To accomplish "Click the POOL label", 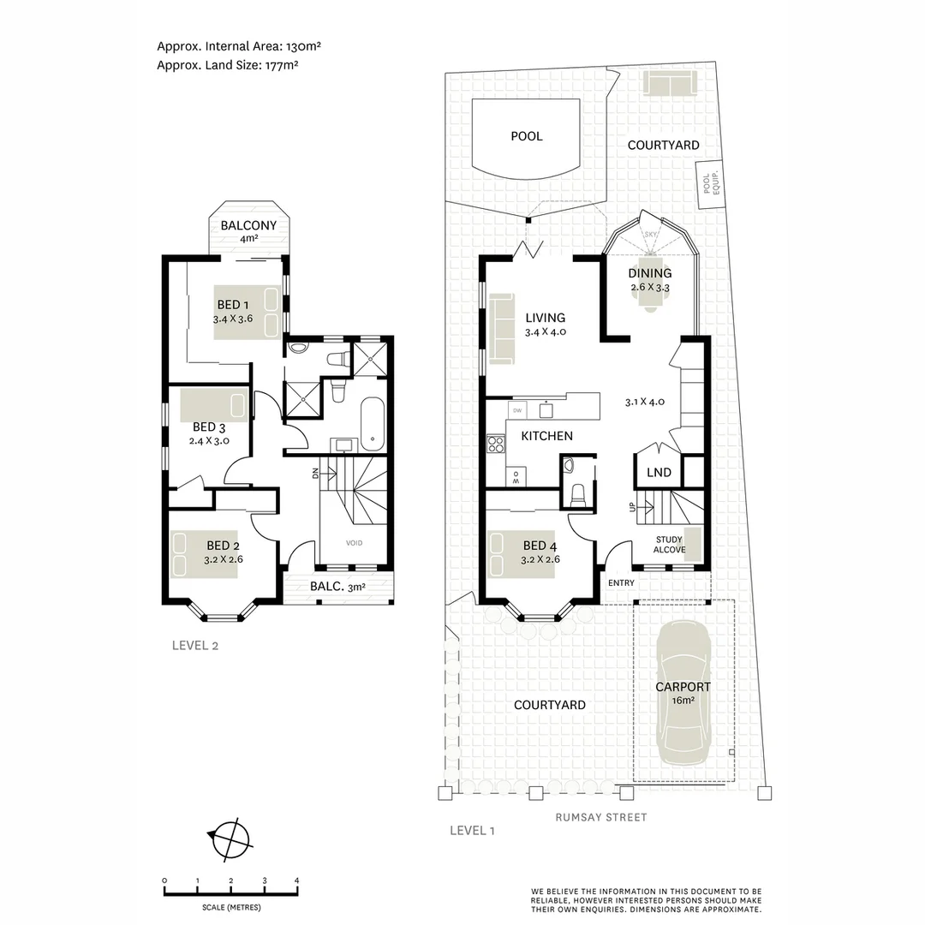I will (x=526, y=136).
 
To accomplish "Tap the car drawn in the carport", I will (x=683, y=695).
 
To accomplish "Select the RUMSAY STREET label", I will (x=601, y=817).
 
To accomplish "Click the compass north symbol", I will (x=230, y=837).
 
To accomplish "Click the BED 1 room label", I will (x=233, y=305).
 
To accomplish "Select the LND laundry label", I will (x=659, y=473).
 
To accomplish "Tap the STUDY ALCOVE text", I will (x=669, y=545).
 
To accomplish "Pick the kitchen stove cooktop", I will (x=495, y=444).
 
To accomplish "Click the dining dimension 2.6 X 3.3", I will (x=649, y=288).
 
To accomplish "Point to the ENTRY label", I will (x=622, y=583).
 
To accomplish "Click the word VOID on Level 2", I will (x=354, y=543).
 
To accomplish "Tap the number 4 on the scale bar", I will (x=296, y=880).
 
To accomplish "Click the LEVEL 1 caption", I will (x=473, y=830).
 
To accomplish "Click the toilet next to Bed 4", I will (x=577, y=492).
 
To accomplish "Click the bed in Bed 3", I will (x=214, y=405).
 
